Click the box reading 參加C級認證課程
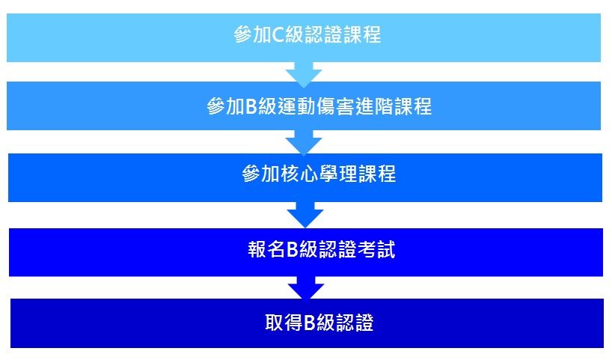(x=304, y=37)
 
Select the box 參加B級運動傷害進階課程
(x=304, y=106)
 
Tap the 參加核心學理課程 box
(x=305, y=177)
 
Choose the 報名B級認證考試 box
(x=306, y=252)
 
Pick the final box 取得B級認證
(x=307, y=323)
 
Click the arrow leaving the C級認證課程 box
(x=304, y=74)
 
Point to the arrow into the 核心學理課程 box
(x=304, y=142)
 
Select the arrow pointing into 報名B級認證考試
(x=305, y=214)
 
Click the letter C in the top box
(x=278, y=34)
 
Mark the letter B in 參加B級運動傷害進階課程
(x=251, y=106)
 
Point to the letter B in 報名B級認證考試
(x=293, y=249)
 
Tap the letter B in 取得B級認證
(x=309, y=323)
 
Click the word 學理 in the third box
(x=337, y=174)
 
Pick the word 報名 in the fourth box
(x=266, y=249)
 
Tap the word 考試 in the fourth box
(x=376, y=249)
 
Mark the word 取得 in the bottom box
(x=284, y=323)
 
